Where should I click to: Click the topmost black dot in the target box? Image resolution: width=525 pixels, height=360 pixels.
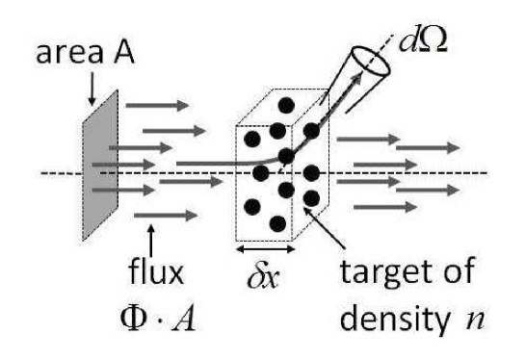point(286,103)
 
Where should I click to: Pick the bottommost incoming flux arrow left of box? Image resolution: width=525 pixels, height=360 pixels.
point(159,215)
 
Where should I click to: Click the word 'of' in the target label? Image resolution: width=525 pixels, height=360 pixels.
point(453,275)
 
